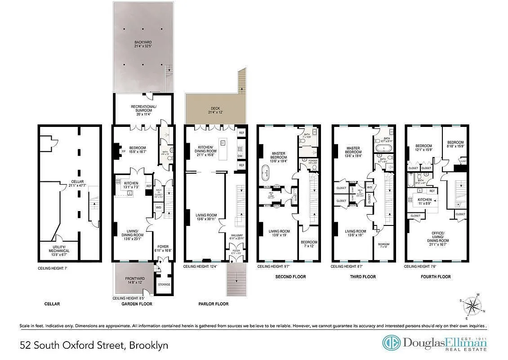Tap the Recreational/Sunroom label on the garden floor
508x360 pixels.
pyautogui.click(x=143, y=108)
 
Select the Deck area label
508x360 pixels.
pyautogui.click(x=215, y=110)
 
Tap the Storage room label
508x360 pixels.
pyautogui.click(x=163, y=284)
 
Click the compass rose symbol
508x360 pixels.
pyautogui.click(x=472, y=306)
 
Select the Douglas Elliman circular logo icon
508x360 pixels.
pyautogui.click(x=391, y=343)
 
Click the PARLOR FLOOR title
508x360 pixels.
pyautogui.click(x=213, y=304)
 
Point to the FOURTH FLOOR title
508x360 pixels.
pyautogui.click(x=435, y=276)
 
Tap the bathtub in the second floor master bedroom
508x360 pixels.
pyautogui.click(x=267, y=172)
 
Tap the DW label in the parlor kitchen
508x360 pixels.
pyautogui.click(x=242, y=155)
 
